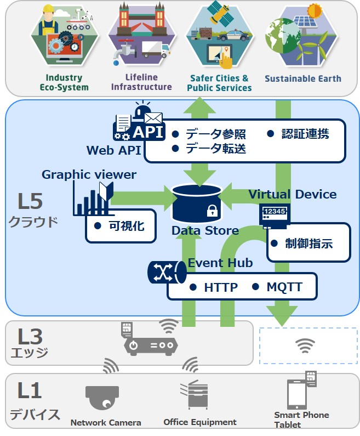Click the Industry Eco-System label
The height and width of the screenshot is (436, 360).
(64, 82)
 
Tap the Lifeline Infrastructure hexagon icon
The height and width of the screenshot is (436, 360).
(141, 36)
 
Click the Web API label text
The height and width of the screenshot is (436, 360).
(113, 150)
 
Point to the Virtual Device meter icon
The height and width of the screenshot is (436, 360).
(274, 215)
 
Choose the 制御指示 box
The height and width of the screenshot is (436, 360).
(308, 243)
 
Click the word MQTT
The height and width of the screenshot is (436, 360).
(284, 287)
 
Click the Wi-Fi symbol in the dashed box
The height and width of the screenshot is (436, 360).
(305, 346)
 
